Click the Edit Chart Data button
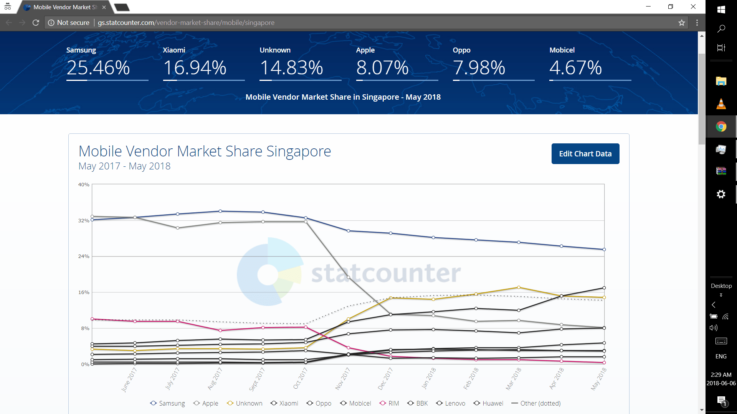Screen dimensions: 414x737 585,154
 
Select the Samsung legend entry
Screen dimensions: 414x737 167,403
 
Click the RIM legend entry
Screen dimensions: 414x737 389,403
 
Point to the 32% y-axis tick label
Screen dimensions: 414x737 84,220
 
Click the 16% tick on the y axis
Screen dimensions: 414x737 84,292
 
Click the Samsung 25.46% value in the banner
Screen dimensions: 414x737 98,68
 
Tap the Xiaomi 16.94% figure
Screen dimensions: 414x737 195,68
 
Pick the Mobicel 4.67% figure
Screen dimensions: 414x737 575,68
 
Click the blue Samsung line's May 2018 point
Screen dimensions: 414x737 604,250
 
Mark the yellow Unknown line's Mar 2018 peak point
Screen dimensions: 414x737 519,287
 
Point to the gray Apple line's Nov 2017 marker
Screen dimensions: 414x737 348,277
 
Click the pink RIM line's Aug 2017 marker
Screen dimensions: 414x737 220,330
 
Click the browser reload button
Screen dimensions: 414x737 36,23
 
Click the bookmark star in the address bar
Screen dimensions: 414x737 681,23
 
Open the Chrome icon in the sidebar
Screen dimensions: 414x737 721,127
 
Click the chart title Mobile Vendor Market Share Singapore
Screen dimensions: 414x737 205,151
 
